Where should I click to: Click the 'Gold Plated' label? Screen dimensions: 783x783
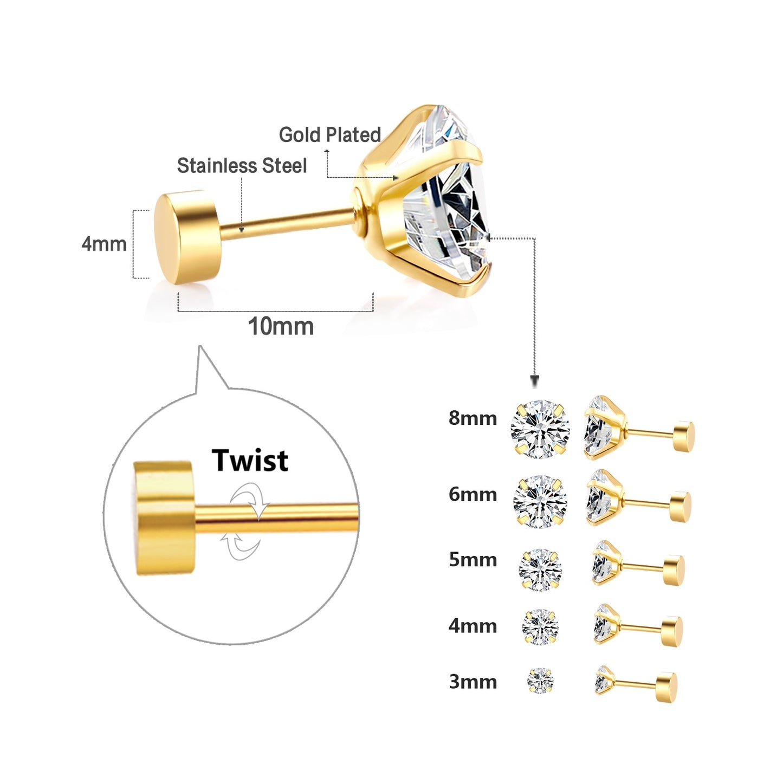click(329, 134)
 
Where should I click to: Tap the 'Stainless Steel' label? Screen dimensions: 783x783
click(242, 166)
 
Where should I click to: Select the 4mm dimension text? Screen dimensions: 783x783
click(104, 244)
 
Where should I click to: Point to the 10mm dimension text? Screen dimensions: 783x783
click(281, 327)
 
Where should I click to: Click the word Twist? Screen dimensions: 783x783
click(250, 461)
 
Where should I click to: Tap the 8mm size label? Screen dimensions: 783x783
click(473, 418)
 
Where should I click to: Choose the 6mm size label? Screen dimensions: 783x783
click(473, 494)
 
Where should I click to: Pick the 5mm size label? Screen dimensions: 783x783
click(473, 559)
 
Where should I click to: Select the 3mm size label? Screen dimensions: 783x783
click(473, 682)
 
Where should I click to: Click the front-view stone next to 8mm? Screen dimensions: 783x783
click(540, 429)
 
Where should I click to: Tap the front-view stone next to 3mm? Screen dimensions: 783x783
click(540, 681)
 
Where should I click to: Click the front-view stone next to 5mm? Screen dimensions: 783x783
click(540, 569)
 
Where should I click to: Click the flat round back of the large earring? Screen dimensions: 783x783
click(187, 237)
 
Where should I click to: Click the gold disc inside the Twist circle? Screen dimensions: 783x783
click(163, 518)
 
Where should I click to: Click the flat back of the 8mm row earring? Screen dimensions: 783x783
click(683, 436)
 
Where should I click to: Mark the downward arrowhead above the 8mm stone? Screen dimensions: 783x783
click(535, 381)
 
